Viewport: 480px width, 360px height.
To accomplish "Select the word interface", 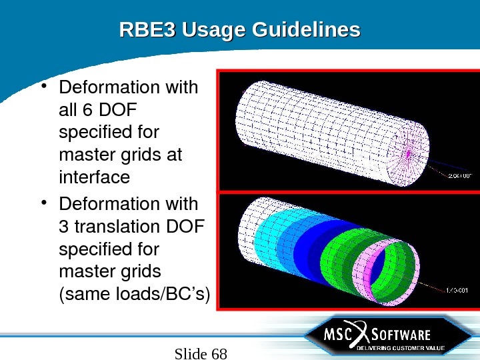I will coord(94,177).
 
